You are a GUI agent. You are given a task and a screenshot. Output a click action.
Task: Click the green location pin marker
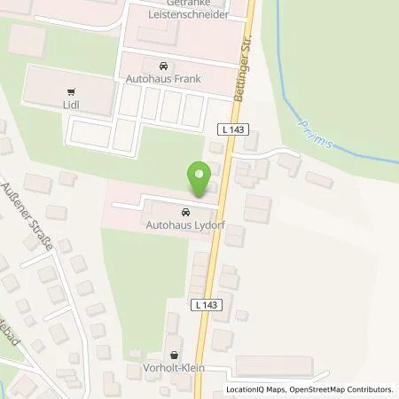200,175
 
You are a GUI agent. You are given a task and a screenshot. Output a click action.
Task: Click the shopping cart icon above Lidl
69,90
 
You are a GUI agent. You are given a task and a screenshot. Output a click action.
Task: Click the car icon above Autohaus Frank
163,66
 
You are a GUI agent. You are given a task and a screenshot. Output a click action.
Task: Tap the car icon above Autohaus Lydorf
184,213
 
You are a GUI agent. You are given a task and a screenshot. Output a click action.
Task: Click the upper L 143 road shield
233,129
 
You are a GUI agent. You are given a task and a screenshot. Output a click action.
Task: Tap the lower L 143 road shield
203,304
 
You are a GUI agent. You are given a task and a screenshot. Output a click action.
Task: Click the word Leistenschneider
189,15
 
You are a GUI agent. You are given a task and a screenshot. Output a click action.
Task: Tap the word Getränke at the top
189,4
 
